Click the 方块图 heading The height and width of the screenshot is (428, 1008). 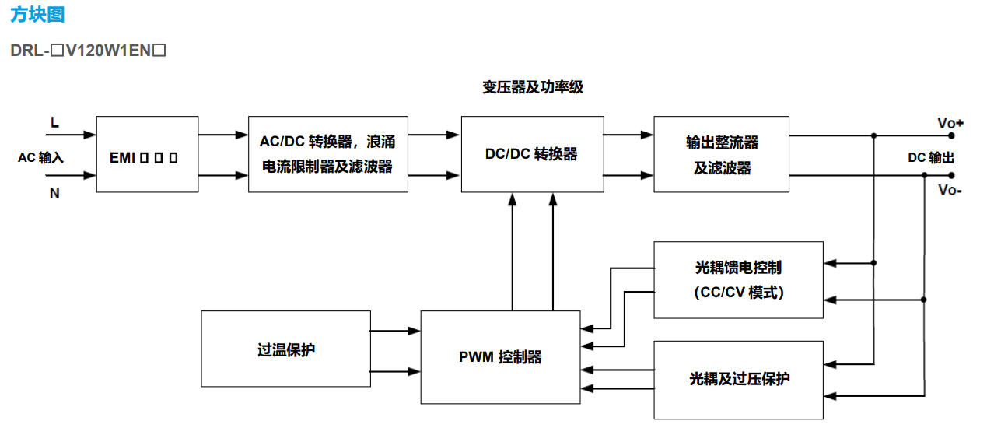click(37, 15)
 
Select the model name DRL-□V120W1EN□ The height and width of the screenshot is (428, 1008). click(89, 51)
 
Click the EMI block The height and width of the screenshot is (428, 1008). click(147, 154)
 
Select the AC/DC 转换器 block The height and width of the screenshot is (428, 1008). click(327, 154)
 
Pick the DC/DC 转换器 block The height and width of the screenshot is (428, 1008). click(532, 154)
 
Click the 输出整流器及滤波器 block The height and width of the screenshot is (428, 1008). click(721, 154)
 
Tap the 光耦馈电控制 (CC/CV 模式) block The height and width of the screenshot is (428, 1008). click(738, 279)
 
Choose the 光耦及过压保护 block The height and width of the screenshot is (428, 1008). click(738, 379)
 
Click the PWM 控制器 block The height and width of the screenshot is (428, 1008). click(500, 357)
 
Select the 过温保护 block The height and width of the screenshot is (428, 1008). click(285, 349)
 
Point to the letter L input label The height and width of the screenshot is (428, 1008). click(54, 122)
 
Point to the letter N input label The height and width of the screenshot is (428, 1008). click(54, 193)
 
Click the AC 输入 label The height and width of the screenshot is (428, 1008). click(40, 157)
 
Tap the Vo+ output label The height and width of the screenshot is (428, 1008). click(950, 123)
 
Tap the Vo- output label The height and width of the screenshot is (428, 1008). click(950, 190)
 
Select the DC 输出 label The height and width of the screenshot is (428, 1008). click(931, 157)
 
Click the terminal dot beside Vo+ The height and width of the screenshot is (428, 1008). click(951, 135)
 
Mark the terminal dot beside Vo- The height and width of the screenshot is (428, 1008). click(951, 175)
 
